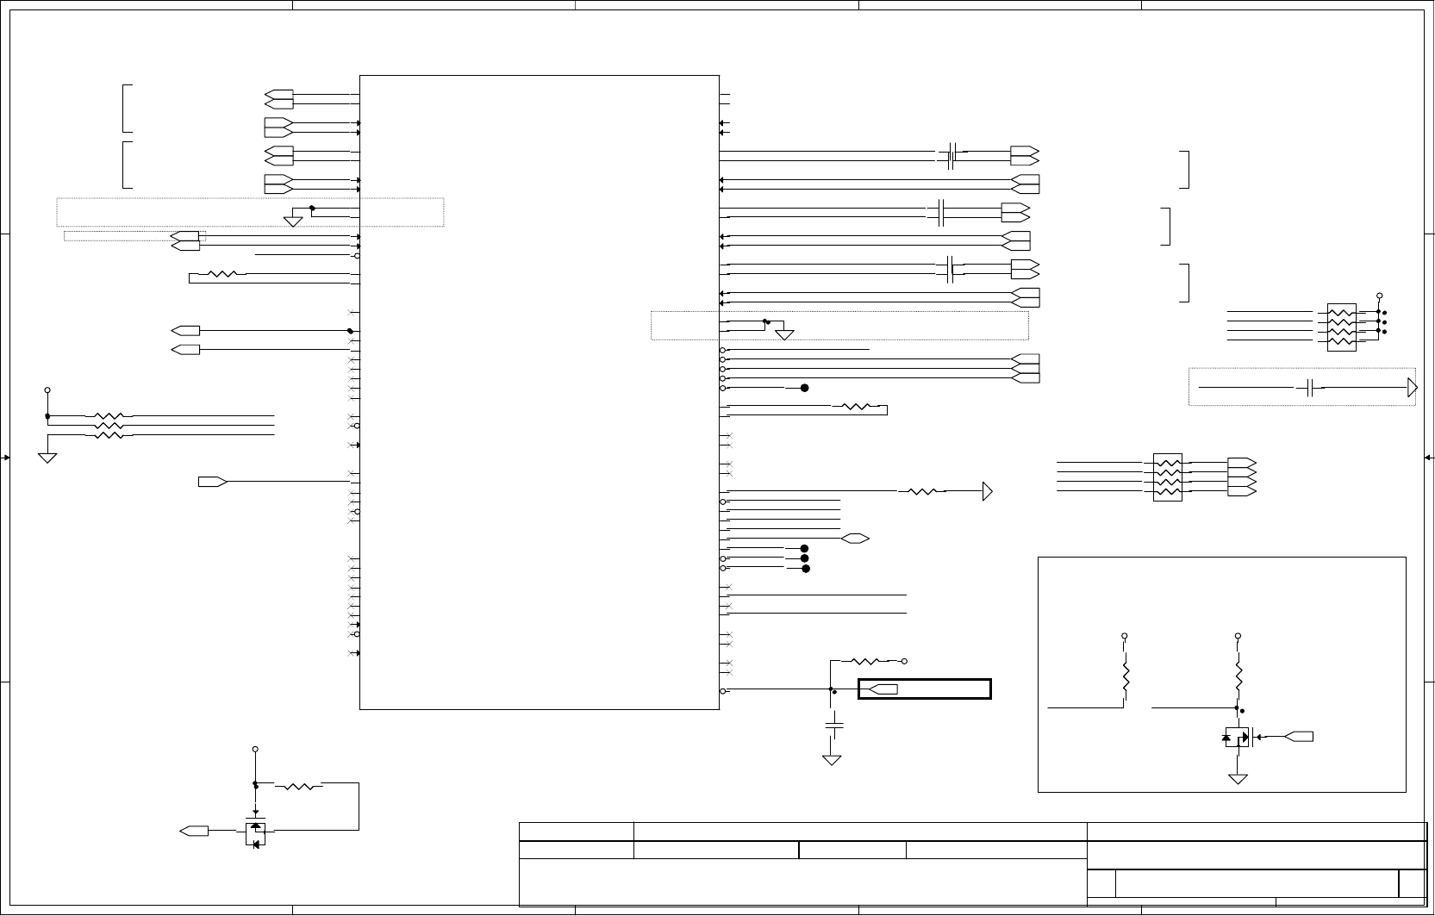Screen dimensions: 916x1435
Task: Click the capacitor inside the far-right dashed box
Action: [1310, 388]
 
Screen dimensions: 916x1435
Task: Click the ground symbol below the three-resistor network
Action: [47, 457]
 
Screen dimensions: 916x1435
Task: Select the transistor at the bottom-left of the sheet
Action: [255, 833]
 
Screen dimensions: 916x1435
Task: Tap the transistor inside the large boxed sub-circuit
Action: [1237, 737]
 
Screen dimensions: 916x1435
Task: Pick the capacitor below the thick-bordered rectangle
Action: [833, 725]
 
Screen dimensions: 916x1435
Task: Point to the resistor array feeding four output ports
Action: [1167, 477]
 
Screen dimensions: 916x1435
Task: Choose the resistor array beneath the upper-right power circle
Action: [1341, 327]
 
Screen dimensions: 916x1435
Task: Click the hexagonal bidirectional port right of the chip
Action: [855, 539]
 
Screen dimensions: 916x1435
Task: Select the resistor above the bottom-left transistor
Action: [298, 785]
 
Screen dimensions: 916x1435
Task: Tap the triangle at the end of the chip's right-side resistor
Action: [988, 492]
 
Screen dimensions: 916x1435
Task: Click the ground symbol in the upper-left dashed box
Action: [293, 221]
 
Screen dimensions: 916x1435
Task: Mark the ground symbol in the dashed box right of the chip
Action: [784, 334]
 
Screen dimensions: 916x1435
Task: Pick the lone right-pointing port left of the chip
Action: [212, 482]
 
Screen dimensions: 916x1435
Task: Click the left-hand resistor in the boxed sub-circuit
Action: [1125, 680]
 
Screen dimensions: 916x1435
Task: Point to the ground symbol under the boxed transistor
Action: [1238, 779]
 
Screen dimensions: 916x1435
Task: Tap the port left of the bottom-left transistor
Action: [194, 831]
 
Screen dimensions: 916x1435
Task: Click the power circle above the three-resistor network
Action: [47, 390]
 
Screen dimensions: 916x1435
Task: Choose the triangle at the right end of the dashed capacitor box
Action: [1412, 388]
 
